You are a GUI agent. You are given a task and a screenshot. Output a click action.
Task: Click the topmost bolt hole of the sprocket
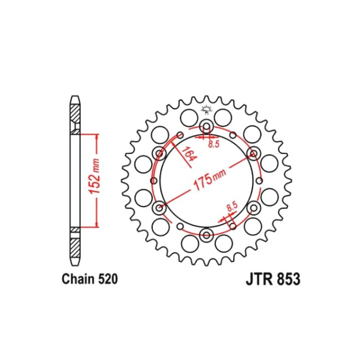[207, 126]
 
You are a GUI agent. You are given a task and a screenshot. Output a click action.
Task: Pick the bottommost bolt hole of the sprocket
[207, 235]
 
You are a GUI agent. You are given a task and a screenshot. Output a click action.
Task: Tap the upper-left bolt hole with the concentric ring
[159, 154]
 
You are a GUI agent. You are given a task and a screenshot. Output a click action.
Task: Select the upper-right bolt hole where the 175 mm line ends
[254, 153]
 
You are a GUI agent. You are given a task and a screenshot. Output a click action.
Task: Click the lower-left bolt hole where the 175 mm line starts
[159, 208]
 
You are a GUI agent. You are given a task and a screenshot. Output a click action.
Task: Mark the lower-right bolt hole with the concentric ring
[254, 208]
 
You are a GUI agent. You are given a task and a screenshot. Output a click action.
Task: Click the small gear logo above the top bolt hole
[207, 109]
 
